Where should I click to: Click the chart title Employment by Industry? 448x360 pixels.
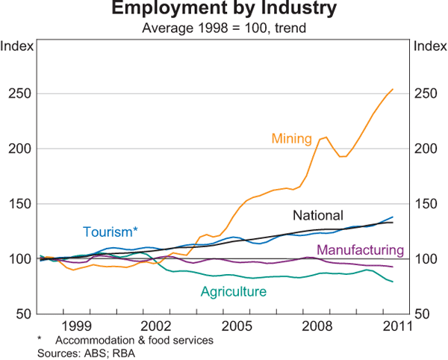click(223, 10)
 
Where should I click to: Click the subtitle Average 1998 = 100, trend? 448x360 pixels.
click(223, 28)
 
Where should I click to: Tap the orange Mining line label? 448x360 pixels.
click(292, 138)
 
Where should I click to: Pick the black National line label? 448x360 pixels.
click(317, 216)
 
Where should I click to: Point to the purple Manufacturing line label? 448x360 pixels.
click(361, 250)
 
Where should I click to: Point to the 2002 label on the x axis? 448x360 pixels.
click(156, 326)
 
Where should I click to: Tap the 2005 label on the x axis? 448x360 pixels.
click(236, 326)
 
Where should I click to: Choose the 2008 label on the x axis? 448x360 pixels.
click(316, 326)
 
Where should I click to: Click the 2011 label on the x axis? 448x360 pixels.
click(395, 326)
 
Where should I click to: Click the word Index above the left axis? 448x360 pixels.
click(16, 46)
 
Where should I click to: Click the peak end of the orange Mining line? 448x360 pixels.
click(393, 90)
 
